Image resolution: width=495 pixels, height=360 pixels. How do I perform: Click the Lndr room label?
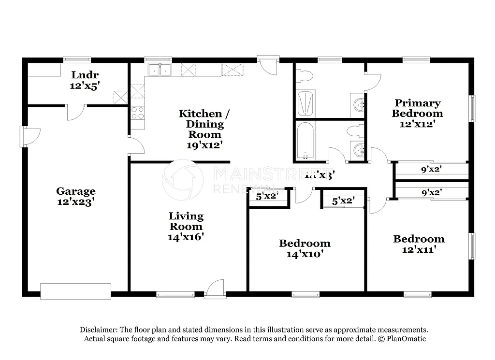click(85, 75)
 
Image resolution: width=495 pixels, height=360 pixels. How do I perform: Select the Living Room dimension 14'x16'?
click(186, 237)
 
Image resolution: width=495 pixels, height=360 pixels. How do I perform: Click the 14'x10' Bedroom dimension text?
click(305, 254)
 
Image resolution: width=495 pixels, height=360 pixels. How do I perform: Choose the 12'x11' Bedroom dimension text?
click(419, 249)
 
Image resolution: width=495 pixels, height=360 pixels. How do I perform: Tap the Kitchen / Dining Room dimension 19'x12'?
click(204, 144)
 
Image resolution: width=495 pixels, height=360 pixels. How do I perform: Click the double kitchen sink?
click(160, 70)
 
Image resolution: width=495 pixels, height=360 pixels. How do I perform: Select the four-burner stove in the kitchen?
click(138, 113)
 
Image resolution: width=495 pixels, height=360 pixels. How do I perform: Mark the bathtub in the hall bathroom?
click(306, 141)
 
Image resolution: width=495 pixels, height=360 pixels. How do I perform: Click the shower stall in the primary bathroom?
click(306, 103)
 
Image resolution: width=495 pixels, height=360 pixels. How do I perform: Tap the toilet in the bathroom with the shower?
click(305, 75)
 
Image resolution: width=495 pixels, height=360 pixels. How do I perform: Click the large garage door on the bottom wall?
click(75, 291)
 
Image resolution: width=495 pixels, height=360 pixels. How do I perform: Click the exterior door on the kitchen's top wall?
click(268, 64)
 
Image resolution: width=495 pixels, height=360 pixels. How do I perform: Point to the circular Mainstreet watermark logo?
click(182, 179)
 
